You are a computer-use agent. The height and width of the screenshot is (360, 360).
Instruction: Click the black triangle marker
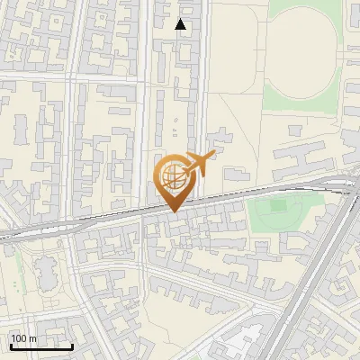pos(181,24)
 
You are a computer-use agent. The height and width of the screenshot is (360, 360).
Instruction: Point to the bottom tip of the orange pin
pos(173,211)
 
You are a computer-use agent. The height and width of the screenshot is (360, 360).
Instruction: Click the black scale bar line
pos(41,346)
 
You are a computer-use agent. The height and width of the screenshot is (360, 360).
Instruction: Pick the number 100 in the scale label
pos(20,338)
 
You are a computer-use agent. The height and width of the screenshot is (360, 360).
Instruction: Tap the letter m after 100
pos(33,338)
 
